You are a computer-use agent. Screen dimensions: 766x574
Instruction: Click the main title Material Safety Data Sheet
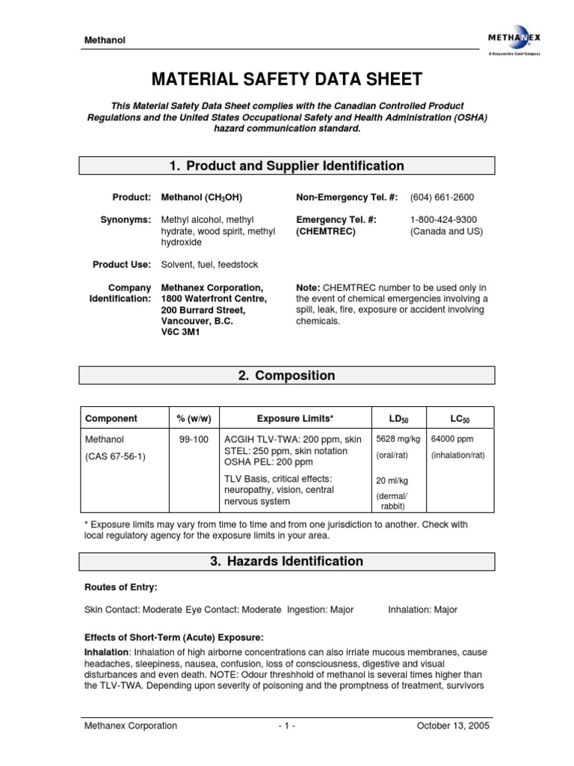[x=288, y=79]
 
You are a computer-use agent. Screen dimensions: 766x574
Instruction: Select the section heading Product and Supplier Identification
[x=288, y=166]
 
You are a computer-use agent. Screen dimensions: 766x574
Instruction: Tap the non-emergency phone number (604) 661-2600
[x=442, y=197]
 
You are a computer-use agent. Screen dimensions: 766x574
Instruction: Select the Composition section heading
[x=288, y=376]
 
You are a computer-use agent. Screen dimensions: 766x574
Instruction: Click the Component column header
[x=111, y=418]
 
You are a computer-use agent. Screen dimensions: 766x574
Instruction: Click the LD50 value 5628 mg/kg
[x=398, y=440]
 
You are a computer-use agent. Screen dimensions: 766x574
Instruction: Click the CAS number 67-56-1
[x=115, y=456]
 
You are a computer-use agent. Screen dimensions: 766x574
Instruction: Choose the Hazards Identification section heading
[x=288, y=561]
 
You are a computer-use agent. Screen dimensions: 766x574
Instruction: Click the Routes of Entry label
[x=121, y=588]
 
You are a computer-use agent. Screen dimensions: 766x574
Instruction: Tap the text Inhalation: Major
[x=422, y=610]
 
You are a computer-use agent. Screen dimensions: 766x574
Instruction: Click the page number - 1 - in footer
[x=286, y=726]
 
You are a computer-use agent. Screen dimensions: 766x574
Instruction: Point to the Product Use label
[x=122, y=265]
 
